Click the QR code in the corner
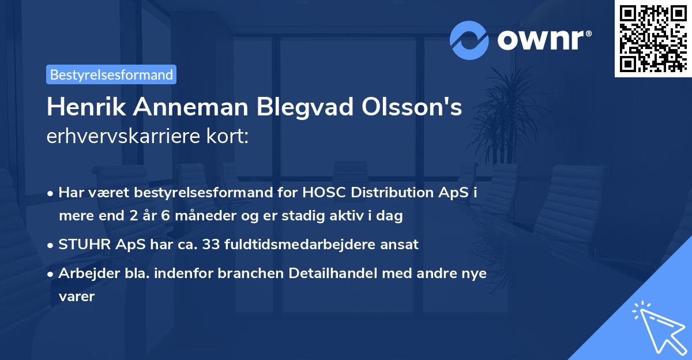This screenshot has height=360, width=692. point(653,38)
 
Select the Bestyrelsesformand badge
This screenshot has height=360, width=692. point(111,74)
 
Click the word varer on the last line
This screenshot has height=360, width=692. point(76,297)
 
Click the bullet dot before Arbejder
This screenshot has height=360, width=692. point(52,273)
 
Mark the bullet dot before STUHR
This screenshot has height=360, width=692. point(52,244)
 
